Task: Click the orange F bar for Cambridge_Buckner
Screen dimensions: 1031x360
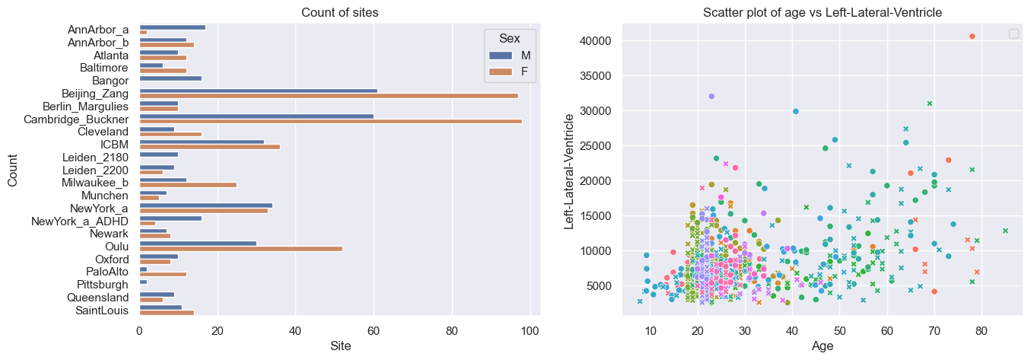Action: tap(331, 122)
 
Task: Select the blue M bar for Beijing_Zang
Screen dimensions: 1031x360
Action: tap(259, 91)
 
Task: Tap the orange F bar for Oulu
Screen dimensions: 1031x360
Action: tap(241, 249)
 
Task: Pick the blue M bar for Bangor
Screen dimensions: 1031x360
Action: tap(170, 78)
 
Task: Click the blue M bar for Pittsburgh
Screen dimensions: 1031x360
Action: tap(144, 282)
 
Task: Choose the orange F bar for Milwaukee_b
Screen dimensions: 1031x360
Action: tap(188, 185)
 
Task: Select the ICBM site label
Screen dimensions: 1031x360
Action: tap(115, 145)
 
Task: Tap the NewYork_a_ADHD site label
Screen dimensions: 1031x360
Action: tap(80, 221)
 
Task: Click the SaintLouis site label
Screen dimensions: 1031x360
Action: tap(102, 311)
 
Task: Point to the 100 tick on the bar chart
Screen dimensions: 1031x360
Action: tap(530, 331)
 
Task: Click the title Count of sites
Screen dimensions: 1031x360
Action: tap(340, 12)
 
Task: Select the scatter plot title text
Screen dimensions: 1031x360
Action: tap(823, 12)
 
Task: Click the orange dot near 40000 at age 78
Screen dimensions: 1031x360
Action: tap(972, 37)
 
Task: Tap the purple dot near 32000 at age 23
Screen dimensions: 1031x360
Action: tap(711, 96)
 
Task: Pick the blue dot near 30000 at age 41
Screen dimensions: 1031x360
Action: tap(796, 111)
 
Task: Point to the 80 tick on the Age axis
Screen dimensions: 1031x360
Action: tap(982, 331)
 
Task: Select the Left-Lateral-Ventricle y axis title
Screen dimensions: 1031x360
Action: tap(569, 171)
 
